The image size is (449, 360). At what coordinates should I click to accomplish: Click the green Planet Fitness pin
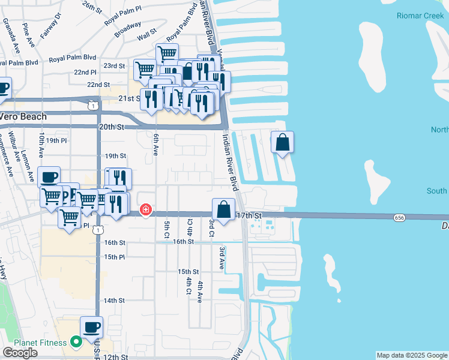pos(76,343)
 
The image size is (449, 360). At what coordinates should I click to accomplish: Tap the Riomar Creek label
pos(420,16)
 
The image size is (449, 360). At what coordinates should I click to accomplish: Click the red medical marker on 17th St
pos(145,209)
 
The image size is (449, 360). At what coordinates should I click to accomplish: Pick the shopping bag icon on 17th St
pos(223,210)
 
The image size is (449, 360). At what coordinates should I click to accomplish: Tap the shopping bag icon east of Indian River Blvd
pos(282,143)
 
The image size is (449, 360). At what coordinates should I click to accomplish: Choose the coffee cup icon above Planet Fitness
pos(91,328)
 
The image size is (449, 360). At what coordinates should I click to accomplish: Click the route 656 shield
pos(399,217)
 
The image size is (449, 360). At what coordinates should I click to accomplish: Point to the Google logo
pos(20,353)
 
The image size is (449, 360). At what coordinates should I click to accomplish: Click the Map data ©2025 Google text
pos(411,355)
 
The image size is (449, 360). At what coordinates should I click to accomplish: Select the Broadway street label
pos(128,28)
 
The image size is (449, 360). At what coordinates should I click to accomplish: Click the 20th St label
pos(111,127)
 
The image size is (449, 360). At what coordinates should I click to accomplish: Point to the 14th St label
pos(113,300)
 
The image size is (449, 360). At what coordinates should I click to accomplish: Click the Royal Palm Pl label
pos(122,19)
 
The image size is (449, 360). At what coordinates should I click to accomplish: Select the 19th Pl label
pos(56,140)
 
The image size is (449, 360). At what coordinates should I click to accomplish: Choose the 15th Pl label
pos(113,257)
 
